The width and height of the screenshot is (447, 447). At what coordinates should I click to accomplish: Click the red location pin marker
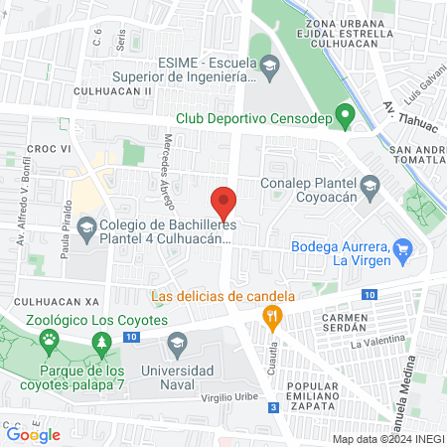pyautogui.click(x=225, y=202)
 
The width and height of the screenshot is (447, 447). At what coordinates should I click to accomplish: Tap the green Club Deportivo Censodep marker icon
pyautogui.click(x=346, y=118)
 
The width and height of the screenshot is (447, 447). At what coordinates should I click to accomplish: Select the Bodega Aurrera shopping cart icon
pyautogui.click(x=402, y=248)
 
